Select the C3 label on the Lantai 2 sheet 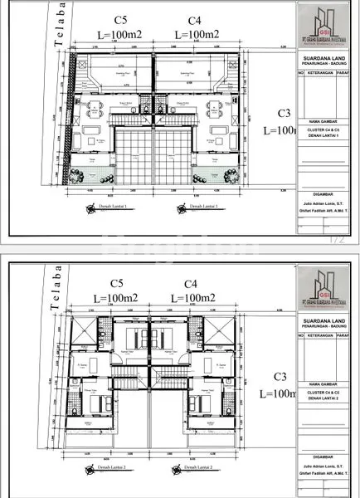point(283,375)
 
